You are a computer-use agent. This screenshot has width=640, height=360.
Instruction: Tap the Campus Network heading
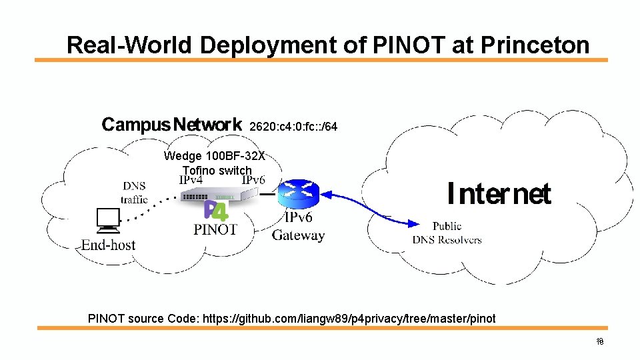pos(171,125)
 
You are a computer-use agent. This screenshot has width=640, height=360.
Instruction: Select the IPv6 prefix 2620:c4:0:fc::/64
pos(293,126)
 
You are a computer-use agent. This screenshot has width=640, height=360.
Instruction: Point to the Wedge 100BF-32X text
pos(214,156)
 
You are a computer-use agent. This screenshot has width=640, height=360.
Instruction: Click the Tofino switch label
pos(217,170)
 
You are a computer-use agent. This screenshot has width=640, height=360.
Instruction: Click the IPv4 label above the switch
pos(191,180)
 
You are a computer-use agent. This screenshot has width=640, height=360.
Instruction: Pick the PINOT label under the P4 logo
pos(215,229)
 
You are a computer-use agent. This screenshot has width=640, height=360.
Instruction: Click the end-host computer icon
pos(107,221)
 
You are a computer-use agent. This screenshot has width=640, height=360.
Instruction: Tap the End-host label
pos(108,245)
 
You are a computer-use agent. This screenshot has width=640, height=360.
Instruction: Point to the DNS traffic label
pos(134,192)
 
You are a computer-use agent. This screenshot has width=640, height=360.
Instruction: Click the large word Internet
pos(499,194)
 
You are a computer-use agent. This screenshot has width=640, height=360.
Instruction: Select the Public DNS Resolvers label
pos(447,233)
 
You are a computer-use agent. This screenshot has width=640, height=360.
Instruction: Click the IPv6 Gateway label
pos(298,227)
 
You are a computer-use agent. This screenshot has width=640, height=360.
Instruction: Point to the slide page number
pos(599,342)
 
